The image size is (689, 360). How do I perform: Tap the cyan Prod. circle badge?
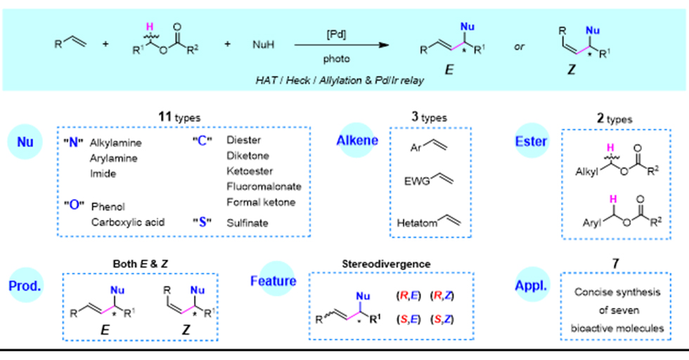(28, 284)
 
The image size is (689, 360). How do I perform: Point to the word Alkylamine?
(116, 143)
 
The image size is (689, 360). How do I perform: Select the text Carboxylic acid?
(128, 222)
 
